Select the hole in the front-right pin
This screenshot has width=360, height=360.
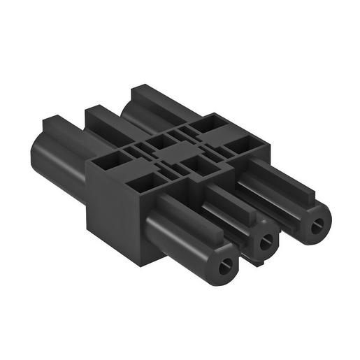coord(318,225)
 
